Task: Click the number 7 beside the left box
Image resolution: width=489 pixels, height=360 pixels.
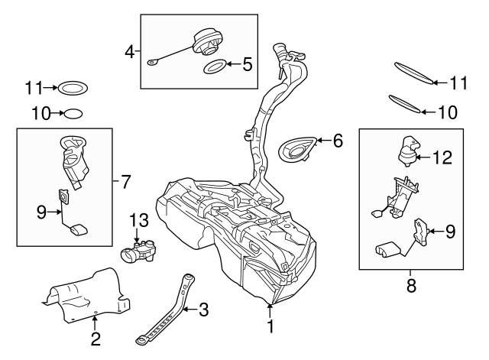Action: (126, 181)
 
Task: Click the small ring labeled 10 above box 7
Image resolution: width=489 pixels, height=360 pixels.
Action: (71, 114)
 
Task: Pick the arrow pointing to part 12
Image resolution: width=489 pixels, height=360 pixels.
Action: (426, 157)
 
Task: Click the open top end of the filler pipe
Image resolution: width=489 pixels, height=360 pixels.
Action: (292, 56)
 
